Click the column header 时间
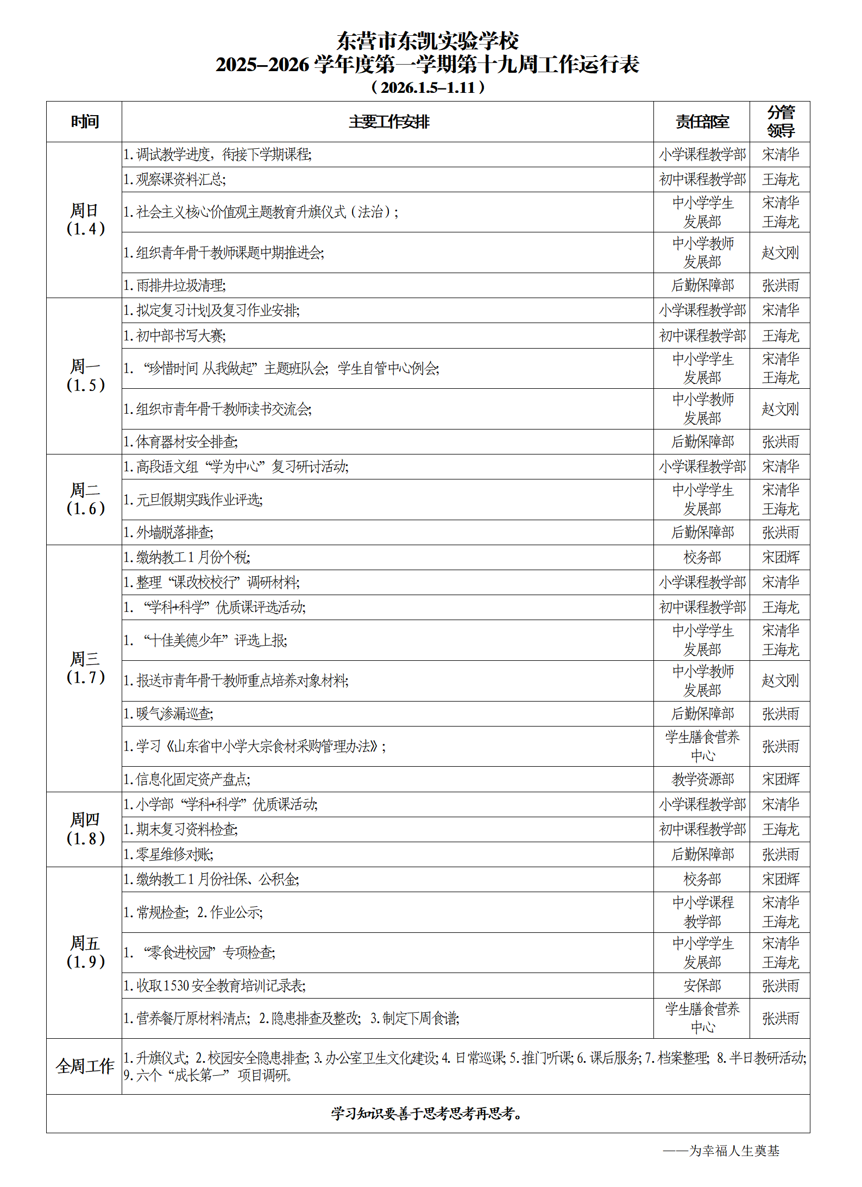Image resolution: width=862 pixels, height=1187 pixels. (x=85, y=122)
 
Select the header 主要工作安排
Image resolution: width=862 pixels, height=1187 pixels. (x=389, y=122)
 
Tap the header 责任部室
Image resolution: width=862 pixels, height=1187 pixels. (x=702, y=122)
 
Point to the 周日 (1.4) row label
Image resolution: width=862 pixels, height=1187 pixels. (x=85, y=219)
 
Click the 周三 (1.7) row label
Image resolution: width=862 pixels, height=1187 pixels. (x=85, y=668)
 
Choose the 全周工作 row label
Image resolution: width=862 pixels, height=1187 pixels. (x=85, y=1066)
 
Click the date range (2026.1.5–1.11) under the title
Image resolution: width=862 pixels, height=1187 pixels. (x=428, y=87)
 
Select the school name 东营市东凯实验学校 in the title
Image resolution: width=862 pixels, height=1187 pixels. (x=428, y=41)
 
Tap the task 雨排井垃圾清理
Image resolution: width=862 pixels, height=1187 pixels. (x=175, y=286)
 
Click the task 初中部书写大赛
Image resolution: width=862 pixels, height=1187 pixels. (x=175, y=336)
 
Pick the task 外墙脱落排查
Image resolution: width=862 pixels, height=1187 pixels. (x=168, y=532)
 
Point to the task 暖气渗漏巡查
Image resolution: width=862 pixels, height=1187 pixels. (x=168, y=714)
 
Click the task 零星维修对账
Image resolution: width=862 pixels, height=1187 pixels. (x=168, y=854)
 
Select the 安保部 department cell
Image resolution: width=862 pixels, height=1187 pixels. (x=702, y=986)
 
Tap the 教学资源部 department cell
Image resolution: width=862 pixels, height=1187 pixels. (x=702, y=779)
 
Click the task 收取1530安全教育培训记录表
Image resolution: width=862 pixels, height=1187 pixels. (x=215, y=986)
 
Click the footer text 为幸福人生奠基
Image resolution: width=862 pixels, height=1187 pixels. (x=733, y=1151)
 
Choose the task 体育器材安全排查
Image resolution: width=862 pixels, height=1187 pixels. (x=181, y=441)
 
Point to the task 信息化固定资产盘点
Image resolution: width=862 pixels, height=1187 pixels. (x=187, y=779)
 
